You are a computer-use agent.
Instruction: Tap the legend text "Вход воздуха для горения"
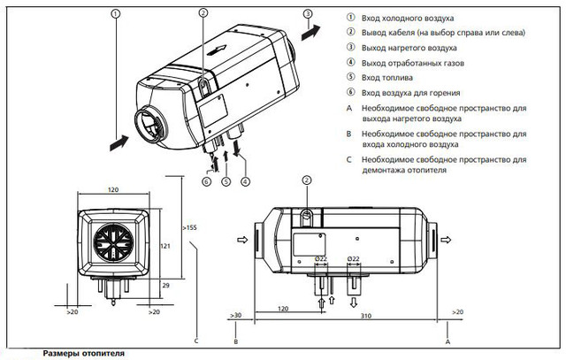coord(411,93)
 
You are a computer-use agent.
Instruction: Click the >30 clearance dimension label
coord(234,315)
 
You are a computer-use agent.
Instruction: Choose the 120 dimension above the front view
coord(112,190)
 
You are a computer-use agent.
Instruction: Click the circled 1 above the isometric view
coord(115,14)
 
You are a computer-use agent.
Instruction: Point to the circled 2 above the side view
coord(307,180)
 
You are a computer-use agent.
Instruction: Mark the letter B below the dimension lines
coord(236,341)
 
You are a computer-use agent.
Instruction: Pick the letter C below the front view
coord(196,341)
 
